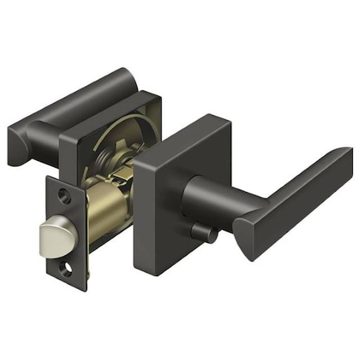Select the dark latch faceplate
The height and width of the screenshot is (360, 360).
point(66,232)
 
